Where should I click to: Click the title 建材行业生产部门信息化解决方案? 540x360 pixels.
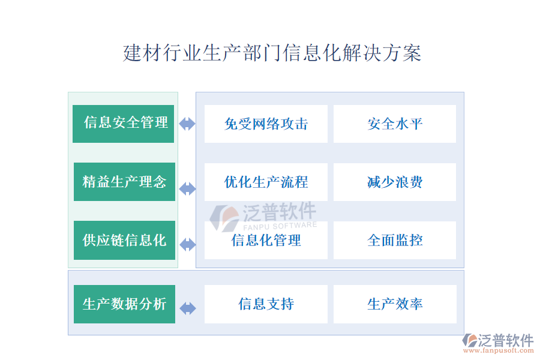click(x=272, y=53)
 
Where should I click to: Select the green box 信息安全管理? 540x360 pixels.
click(x=123, y=124)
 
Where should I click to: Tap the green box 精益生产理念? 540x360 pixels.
click(x=124, y=182)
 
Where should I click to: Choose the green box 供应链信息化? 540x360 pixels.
click(x=124, y=240)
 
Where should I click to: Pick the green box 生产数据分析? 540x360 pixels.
click(x=124, y=304)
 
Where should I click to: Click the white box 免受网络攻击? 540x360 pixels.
click(x=266, y=124)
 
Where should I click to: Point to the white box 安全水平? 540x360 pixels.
click(x=395, y=124)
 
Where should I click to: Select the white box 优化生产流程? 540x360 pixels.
click(x=266, y=182)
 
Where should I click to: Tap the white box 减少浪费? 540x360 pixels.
click(x=395, y=182)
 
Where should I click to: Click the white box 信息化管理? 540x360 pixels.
click(x=266, y=240)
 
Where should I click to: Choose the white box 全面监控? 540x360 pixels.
click(x=395, y=240)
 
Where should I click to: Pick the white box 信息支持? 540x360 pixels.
click(x=266, y=304)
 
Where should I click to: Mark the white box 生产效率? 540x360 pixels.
click(x=395, y=304)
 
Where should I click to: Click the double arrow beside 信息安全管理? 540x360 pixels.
click(x=187, y=124)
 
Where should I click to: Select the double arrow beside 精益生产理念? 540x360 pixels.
click(x=188, y=189)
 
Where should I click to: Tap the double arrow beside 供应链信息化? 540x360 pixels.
click(x=188, y=245)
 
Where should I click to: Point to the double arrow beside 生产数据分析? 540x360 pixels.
click(x=188, y=308)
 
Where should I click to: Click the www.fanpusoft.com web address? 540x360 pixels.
click(x=499, y=350)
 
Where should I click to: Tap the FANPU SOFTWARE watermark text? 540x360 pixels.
click(x=280, y=226)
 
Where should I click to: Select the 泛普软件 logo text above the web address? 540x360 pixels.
click(x=506, y=340)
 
